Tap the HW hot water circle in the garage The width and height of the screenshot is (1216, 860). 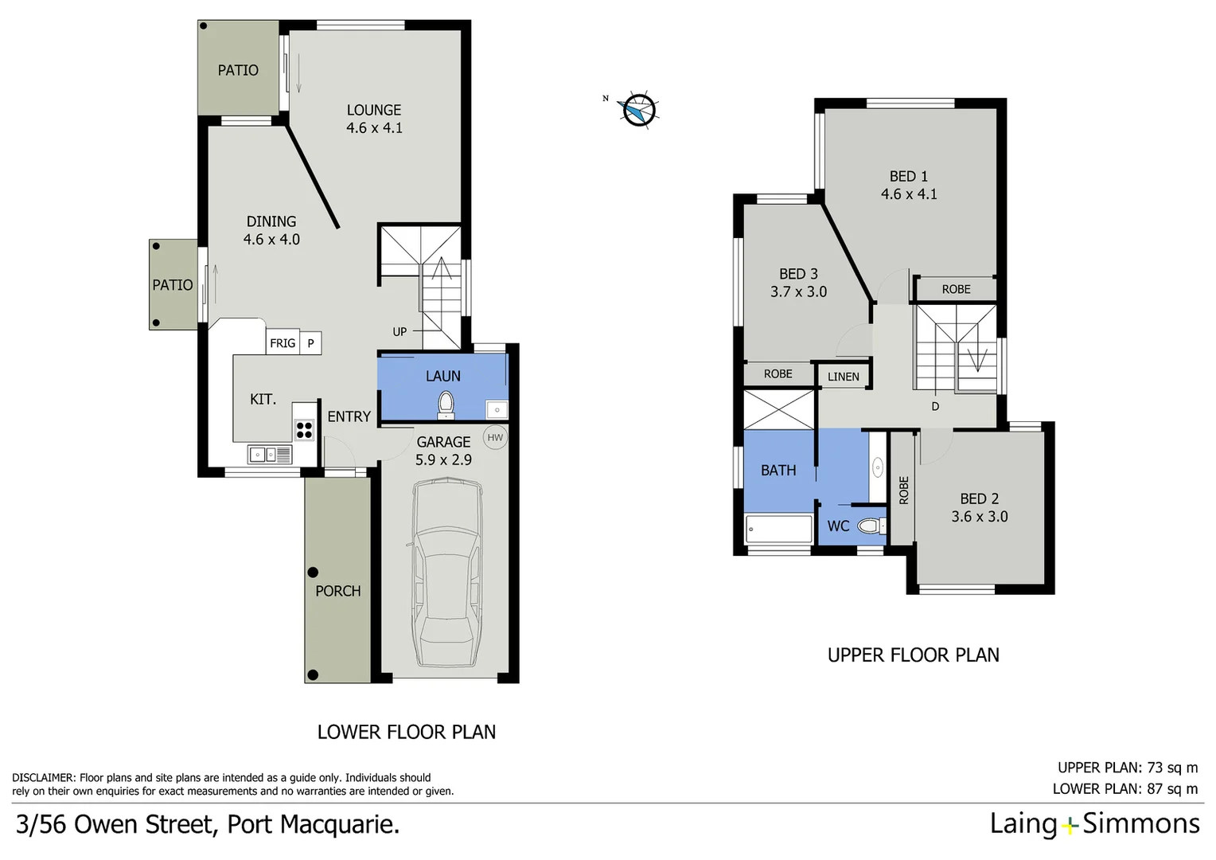click(x=495, y=437)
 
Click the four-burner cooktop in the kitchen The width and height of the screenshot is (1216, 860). click(x=304, y=430)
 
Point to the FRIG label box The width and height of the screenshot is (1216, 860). click(x=283, y=343)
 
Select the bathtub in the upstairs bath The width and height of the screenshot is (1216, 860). click(x=778, y=529)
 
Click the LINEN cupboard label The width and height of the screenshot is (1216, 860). click(x=844, y=377)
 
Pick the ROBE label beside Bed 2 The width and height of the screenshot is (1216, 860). click(x=903, y=490)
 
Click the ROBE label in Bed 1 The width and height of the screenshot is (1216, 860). click(x=956, y=289)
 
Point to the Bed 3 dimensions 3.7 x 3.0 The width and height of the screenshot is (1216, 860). click(x=798, y=292)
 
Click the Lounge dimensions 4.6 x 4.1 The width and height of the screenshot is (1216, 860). click(x=374, y=128)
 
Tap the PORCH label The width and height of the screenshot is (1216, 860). click(x=337, y=591)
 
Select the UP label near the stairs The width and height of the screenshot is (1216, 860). click(x=399, y=332)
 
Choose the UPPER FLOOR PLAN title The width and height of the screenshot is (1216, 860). click(x=913, y=655)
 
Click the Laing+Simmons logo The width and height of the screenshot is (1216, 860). click(x=1094, y=823)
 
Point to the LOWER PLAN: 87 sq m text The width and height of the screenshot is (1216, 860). click(x=1124, y=789)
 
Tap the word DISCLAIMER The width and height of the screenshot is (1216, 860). click(x=44, y=778)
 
